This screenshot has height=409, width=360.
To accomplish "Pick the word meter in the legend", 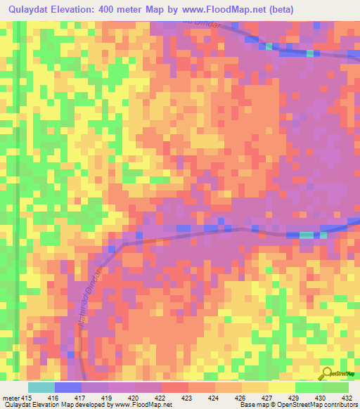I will (12, 398).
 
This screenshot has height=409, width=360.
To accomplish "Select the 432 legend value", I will (349, 398).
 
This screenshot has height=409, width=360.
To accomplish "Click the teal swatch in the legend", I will (41, 387).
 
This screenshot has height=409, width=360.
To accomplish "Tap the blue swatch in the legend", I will (67, 387).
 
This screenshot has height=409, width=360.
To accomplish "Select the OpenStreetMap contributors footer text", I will (323, 405).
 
